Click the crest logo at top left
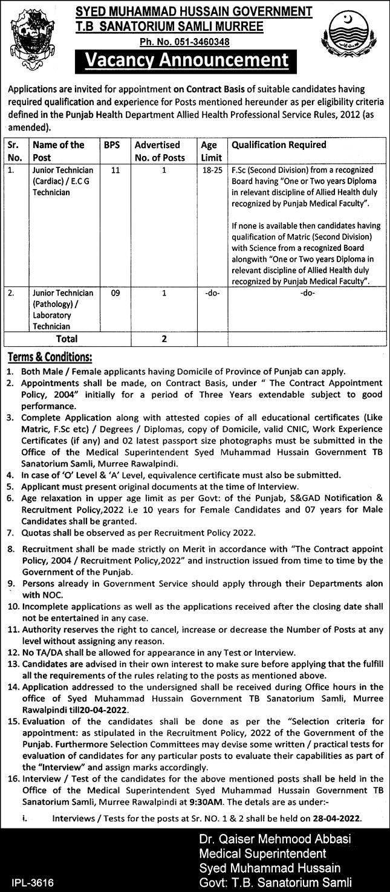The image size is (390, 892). [27, 36]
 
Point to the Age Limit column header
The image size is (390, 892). [209, 150]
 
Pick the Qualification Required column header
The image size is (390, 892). [279, 145]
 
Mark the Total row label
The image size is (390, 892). [67, 339]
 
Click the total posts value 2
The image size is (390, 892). [163, 339]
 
